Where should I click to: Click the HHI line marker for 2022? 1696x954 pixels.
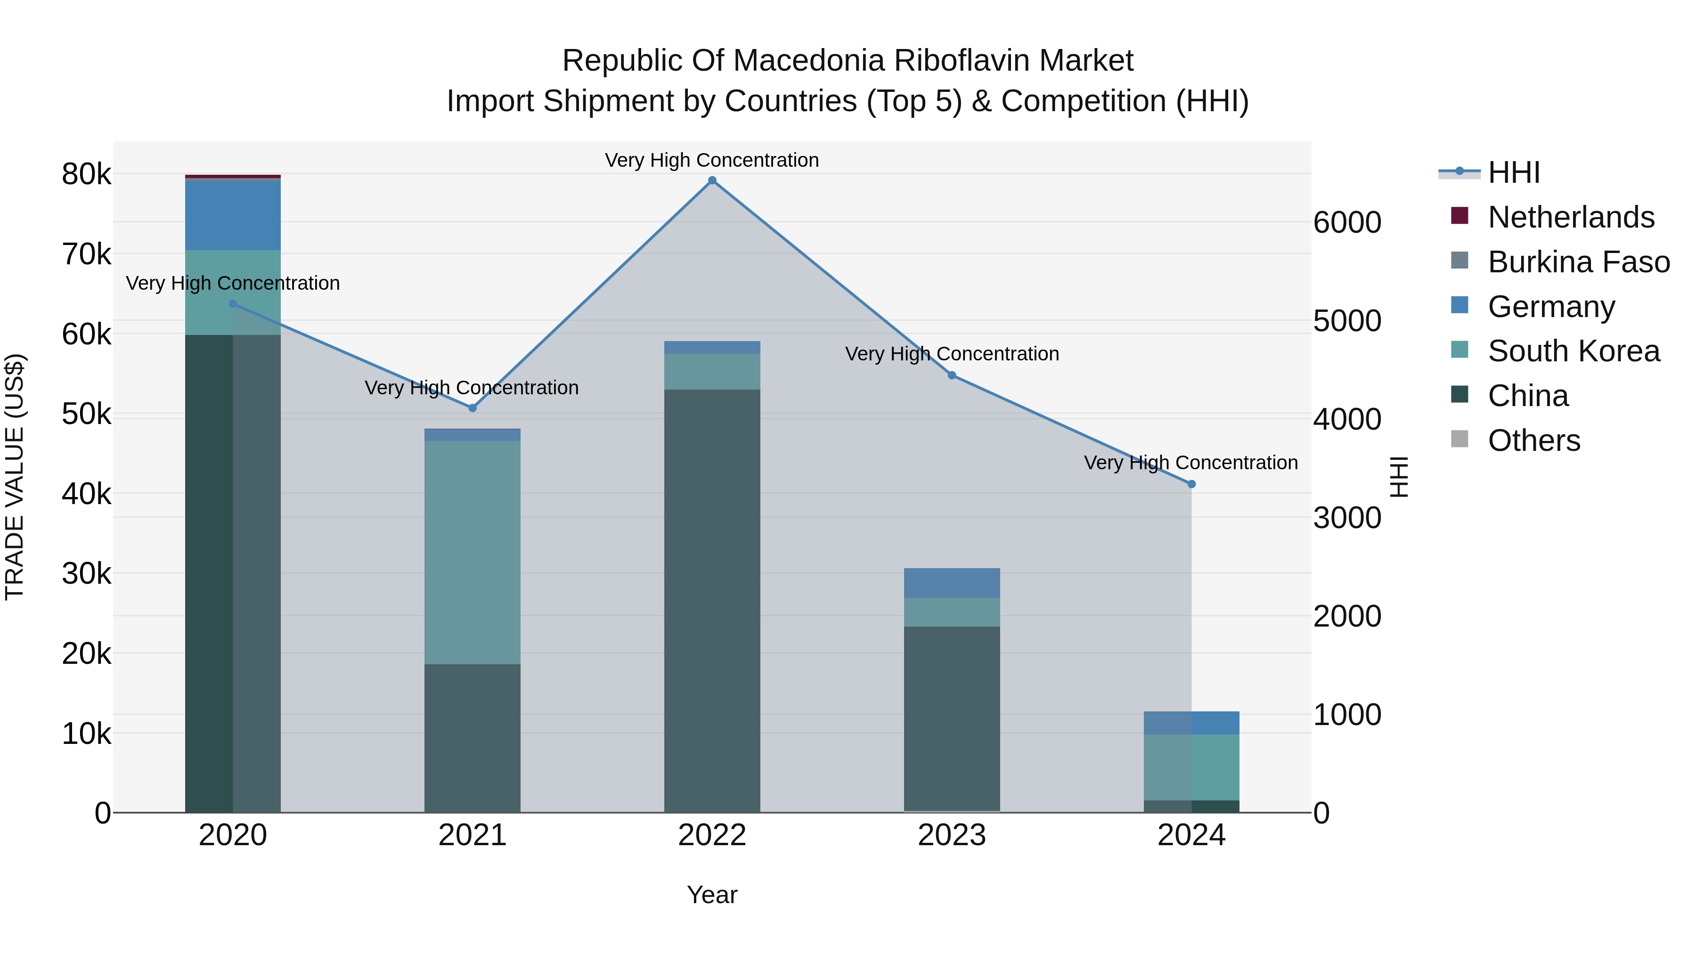pyautogui.click(x=712, y=180)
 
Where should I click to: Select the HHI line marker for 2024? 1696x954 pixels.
pyautogui.click(x=1191, y=484)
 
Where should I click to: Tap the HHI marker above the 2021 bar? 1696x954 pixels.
pyautogui.click(x=472, y=408)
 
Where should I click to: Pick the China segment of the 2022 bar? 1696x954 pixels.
pyautogui.click(x=712, y=599)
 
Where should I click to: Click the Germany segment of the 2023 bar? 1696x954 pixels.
pyautogui.click(x=951, y=583)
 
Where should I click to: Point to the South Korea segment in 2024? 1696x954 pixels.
pyautogui.click(x=1191, y=767)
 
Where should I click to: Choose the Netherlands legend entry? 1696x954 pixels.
pyautogui.click(x=1570, y=217)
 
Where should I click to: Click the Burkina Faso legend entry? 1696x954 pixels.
pyautogui.click(x=1578, y=262)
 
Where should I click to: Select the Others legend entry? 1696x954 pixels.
pyautogui.click(x=1533, y=440)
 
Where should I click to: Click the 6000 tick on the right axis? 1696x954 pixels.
pyautogui.click(x=1347, y=222)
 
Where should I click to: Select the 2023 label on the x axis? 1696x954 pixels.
pyautogui.click(x=951, y=835)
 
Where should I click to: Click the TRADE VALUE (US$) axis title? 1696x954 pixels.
pyautogui.click(x=15, y=477)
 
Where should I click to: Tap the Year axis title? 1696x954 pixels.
pyautogui.click(x=712, y=895)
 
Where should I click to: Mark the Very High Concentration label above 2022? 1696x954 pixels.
pyautogui.click(x=712, y=160)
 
